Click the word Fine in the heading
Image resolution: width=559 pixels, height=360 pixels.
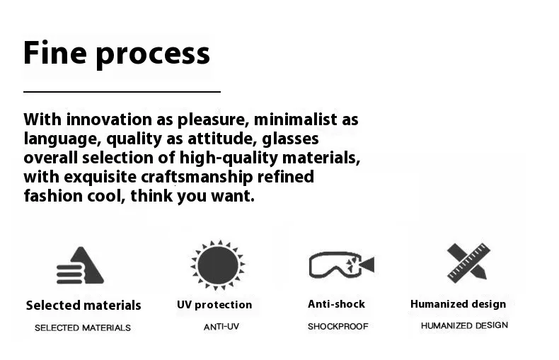pos(55,52)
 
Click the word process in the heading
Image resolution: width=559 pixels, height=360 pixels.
pos(153,55)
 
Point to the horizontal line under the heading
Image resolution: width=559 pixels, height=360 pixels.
pos(122,92)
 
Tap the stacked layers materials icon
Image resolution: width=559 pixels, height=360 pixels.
pos(80,265)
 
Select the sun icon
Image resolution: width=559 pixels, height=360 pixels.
pos(218,265)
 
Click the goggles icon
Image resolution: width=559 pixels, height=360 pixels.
pos(342,265)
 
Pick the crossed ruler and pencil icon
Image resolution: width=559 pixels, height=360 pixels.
pos(468,263)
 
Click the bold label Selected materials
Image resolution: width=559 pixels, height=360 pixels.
pos(83,306)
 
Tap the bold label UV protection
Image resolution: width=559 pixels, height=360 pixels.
pos(214,305)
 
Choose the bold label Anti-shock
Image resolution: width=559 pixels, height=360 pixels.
pos(337,304)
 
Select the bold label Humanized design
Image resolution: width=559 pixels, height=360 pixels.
pos(458,304)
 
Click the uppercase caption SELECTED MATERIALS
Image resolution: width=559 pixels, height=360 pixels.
pos(83,328)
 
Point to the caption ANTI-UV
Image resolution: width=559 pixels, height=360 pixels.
pos(221,327)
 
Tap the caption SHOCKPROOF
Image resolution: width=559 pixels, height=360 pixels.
pos(338,327)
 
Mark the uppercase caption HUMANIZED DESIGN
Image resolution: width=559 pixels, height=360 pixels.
pos(464,325)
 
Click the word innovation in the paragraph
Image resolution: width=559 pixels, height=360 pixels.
pos(109,120)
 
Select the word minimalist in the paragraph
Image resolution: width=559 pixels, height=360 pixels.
pos(296,120)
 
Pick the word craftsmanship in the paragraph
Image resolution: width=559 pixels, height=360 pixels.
pos(197,177)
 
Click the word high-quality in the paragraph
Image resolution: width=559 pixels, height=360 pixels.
pos(229,158)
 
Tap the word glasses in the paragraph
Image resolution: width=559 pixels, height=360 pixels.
pos(290,139)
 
